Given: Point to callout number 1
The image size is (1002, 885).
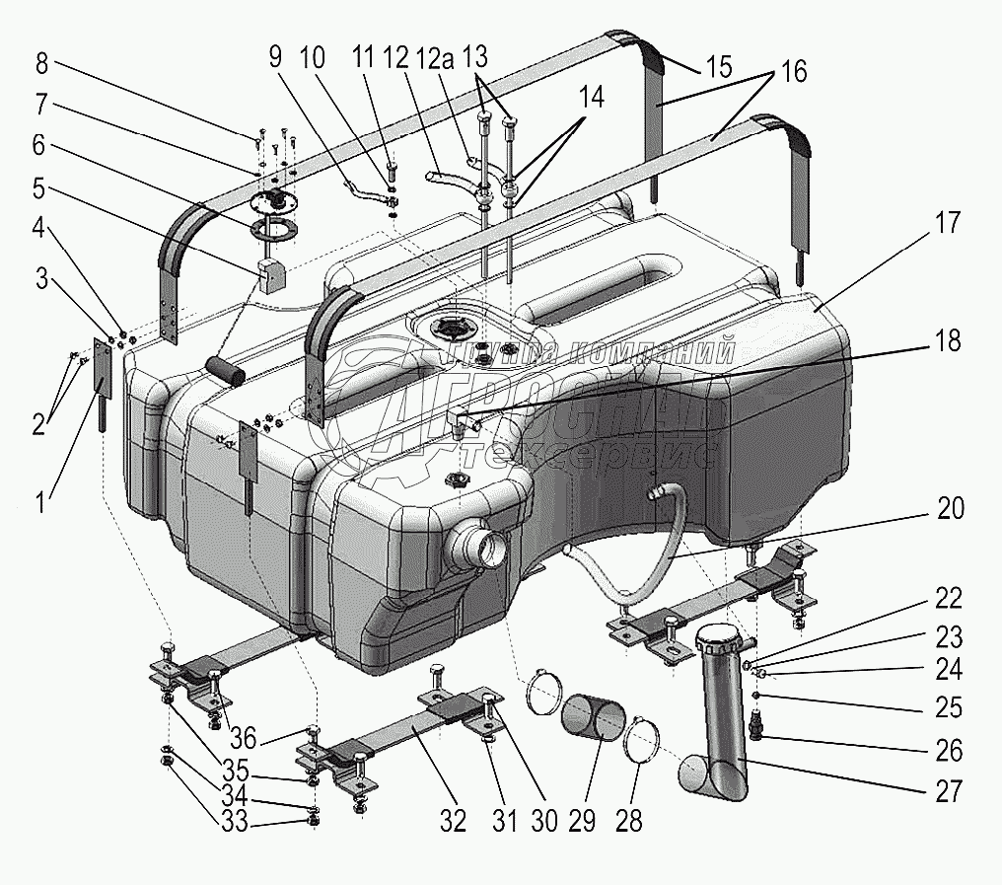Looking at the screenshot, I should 38,503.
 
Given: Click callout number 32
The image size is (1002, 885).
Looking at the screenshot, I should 453,820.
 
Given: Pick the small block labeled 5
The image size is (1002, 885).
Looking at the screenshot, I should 272,276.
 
